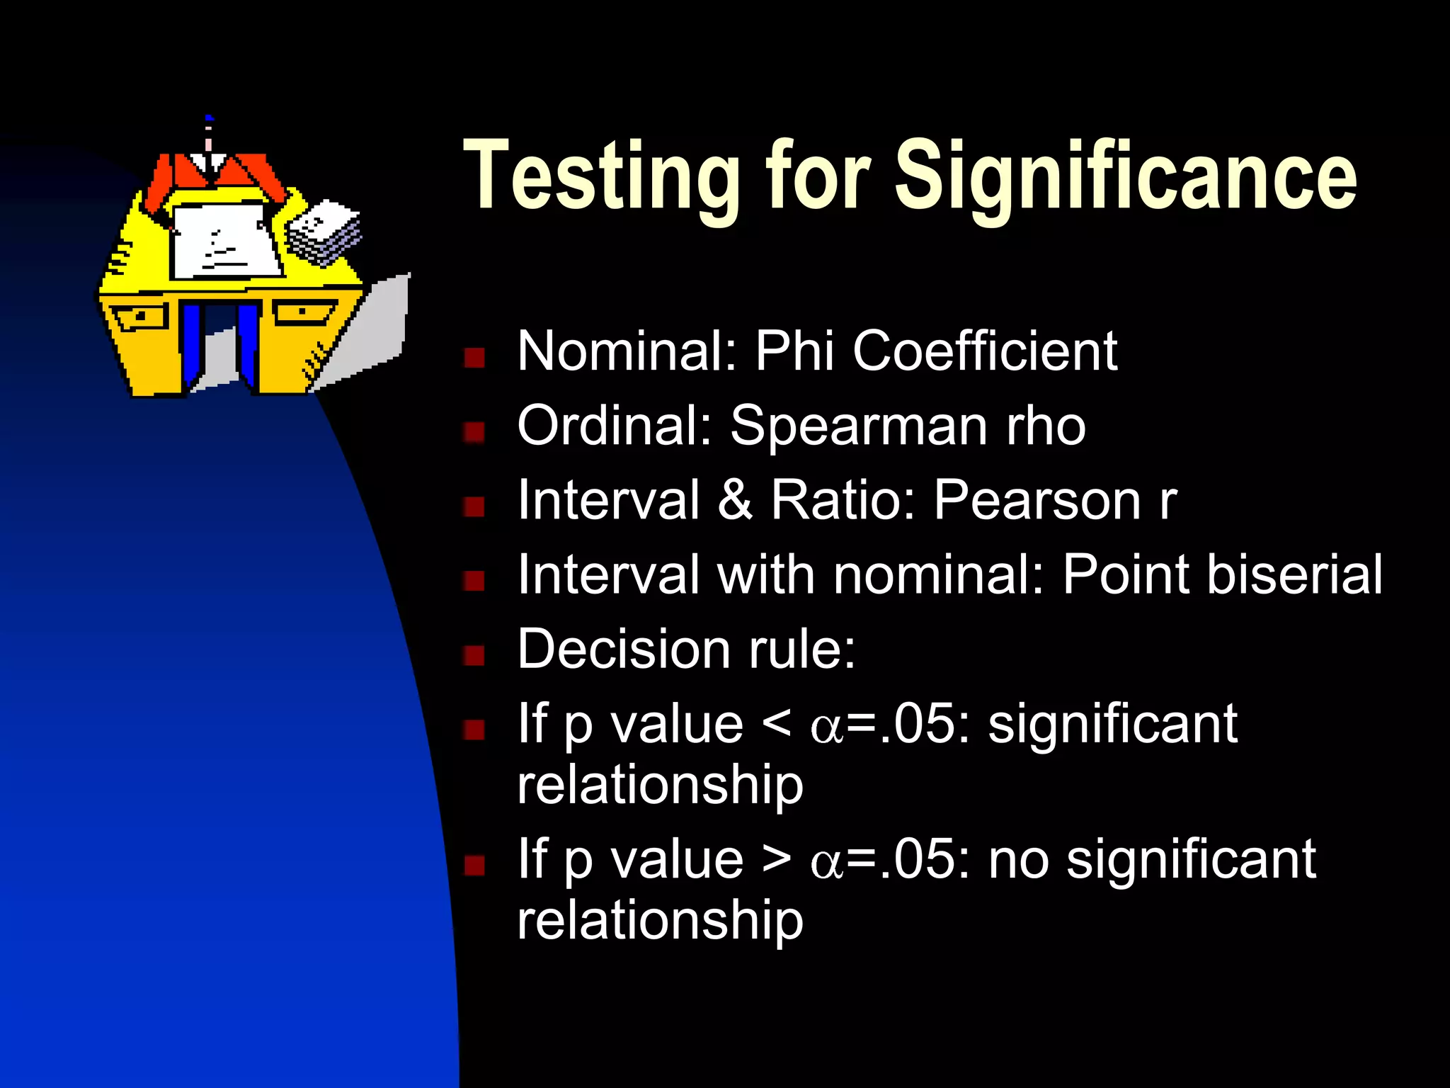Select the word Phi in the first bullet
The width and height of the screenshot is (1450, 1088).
(794, 351)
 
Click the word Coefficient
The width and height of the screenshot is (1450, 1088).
(985, 351)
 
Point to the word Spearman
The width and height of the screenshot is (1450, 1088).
(859, 426)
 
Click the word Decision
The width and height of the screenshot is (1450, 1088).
(624, 649)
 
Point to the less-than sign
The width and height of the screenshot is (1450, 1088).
(777, 724)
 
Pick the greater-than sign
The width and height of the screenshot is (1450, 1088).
(777, 859)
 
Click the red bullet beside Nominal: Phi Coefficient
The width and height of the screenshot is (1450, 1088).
(474, 358)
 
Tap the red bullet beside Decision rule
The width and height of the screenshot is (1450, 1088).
(474, 655)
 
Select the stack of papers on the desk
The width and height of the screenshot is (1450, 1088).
(324, 232)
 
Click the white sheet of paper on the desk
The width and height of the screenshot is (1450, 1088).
(225, 241)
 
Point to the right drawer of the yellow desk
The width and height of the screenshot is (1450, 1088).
(303, 312)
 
